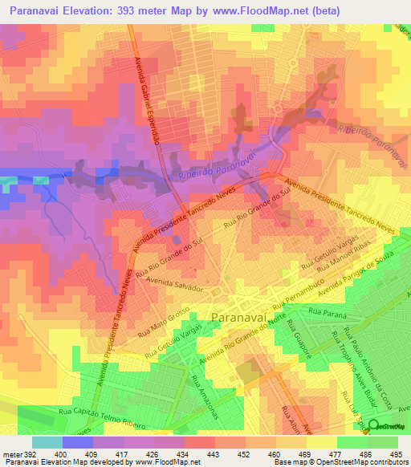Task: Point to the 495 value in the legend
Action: (397, 453)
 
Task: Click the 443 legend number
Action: (213, 453)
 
